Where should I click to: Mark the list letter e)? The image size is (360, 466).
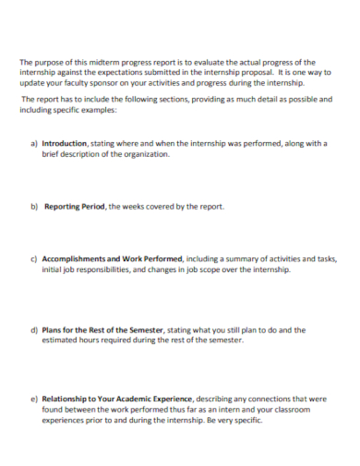pyautogui.click(x=34, y=400)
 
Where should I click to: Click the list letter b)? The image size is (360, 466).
pyautogui.click(x=34, y=207)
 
